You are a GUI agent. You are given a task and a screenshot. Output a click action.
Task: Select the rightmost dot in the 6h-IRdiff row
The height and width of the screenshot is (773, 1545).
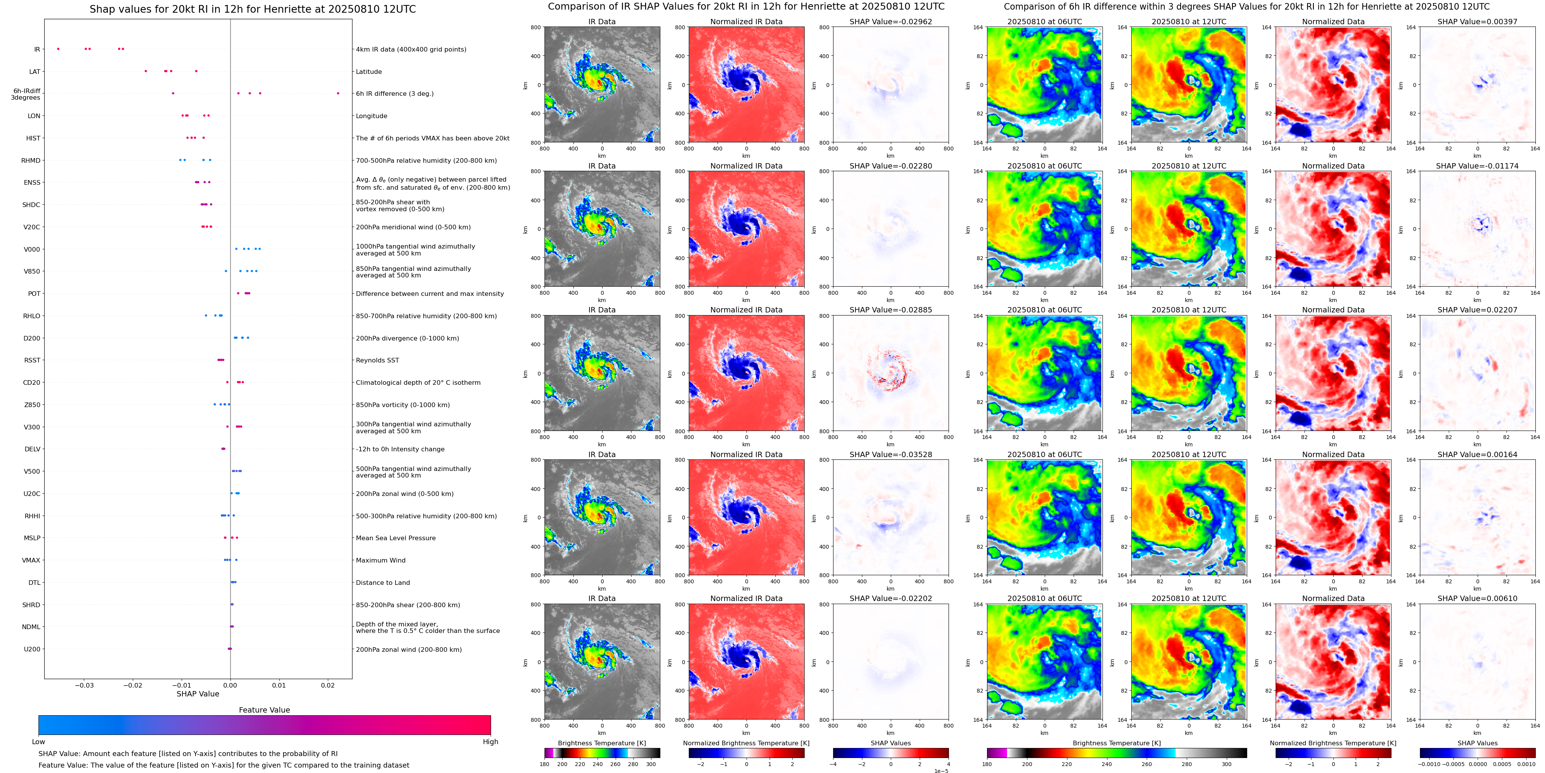(338, 93)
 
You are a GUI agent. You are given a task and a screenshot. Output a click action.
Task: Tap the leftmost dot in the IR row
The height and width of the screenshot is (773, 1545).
(58, 48)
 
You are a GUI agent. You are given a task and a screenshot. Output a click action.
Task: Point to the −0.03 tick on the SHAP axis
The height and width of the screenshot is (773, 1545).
(85, 685)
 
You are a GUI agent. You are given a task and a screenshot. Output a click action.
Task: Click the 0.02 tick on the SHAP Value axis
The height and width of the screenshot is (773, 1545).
(327, 685)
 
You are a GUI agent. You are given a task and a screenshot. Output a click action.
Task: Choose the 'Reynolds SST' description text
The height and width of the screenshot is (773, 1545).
(377, 361)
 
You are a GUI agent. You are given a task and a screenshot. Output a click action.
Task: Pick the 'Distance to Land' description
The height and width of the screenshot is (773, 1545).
(382, 582)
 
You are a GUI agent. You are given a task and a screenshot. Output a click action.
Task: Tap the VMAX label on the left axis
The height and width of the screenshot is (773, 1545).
(31, 560)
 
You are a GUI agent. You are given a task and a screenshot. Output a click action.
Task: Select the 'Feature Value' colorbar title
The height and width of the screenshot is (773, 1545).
(264, 710)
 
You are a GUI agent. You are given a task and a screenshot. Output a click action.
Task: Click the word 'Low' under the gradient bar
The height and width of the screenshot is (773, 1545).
(38, 742)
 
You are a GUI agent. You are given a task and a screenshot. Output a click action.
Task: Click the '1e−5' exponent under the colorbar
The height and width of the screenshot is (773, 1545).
(940, 771)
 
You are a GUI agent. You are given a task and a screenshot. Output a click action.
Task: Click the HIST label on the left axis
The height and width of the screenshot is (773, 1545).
(33, 138)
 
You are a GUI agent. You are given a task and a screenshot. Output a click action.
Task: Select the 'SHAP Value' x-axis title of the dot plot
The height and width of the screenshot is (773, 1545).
(197, 694)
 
